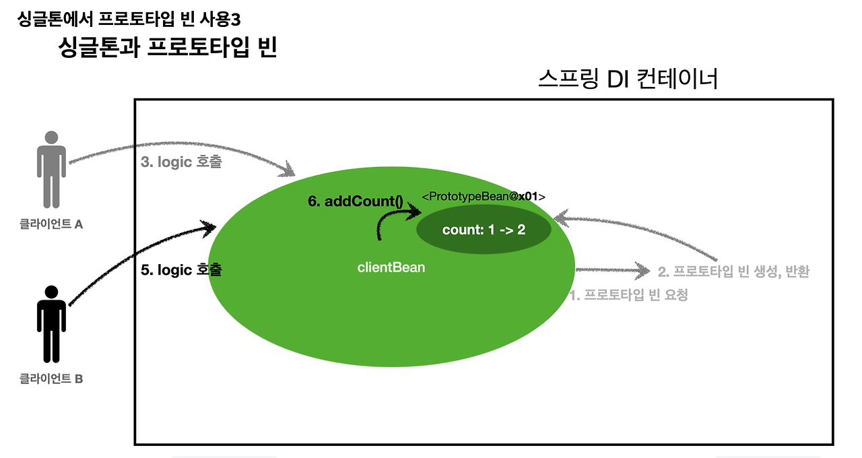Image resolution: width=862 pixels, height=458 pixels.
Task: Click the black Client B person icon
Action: click(x=51, y=323)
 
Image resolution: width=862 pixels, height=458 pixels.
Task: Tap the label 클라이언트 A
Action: click(x=51, y=224)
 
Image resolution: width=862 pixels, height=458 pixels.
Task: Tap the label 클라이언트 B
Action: click(x=51, y=379)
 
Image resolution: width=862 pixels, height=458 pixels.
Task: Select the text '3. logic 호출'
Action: click(x=180, y=162)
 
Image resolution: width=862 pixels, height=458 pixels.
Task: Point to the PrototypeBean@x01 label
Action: click(x=483, y=196)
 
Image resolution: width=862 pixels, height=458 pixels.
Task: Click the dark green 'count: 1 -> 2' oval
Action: click(x=484, y=230)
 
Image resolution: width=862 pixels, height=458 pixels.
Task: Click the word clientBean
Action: click(x=391, y=267)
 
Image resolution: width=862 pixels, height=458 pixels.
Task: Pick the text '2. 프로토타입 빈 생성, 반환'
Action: click(x=733, y=272)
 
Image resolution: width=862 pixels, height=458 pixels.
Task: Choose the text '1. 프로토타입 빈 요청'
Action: click(x=629, y=295)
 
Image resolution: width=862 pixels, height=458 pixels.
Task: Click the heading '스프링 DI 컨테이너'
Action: click(x=628, y=79)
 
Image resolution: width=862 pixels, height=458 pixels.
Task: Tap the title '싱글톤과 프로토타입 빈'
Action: click(x=168, y=48)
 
